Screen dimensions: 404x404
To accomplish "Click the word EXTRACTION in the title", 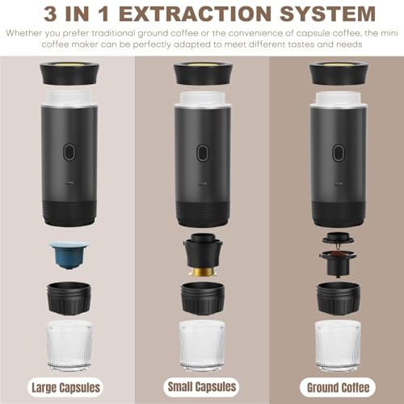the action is tap(191, 14).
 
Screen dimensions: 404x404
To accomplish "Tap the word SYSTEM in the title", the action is tap(327, 14).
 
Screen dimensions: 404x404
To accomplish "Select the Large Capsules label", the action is tap(65, 388).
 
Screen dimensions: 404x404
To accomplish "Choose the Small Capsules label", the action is tap(202, 387).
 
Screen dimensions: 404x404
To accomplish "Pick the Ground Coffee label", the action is tap(338, 388).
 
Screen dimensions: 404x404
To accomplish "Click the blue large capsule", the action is tap(69, 255).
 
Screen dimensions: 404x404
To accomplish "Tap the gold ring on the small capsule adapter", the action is tap(203, 271).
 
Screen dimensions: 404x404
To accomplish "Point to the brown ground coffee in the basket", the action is tap(338, 254).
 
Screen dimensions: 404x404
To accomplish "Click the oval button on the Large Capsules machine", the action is tap(69, 152).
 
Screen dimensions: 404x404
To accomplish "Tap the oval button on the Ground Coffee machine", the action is tap(339, 153).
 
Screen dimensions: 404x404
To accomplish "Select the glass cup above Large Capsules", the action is tap(69, 345).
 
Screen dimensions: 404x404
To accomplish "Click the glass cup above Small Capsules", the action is tap(202, 345).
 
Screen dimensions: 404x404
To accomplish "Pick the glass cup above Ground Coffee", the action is tap(338, 345).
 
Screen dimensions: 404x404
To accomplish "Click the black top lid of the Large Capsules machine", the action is tap(69, 74).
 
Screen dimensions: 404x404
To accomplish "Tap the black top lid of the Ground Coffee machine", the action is tap(339, 74).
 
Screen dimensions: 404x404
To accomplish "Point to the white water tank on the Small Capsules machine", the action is tap(202, 99).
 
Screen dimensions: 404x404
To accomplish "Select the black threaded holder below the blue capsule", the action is tap(69, 298).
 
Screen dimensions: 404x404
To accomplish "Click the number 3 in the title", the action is tap(50, 14).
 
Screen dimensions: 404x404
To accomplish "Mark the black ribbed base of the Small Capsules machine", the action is tap(203, 214).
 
